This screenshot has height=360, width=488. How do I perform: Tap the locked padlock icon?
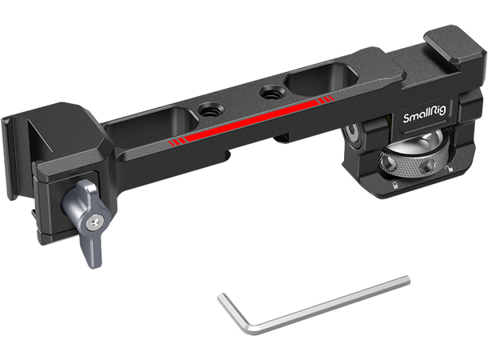[395, 185]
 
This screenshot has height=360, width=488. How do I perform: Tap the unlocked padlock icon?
[448, 170]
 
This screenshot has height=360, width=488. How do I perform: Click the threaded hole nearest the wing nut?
[206, 110]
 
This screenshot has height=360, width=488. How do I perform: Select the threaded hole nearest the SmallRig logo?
[267, 92]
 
